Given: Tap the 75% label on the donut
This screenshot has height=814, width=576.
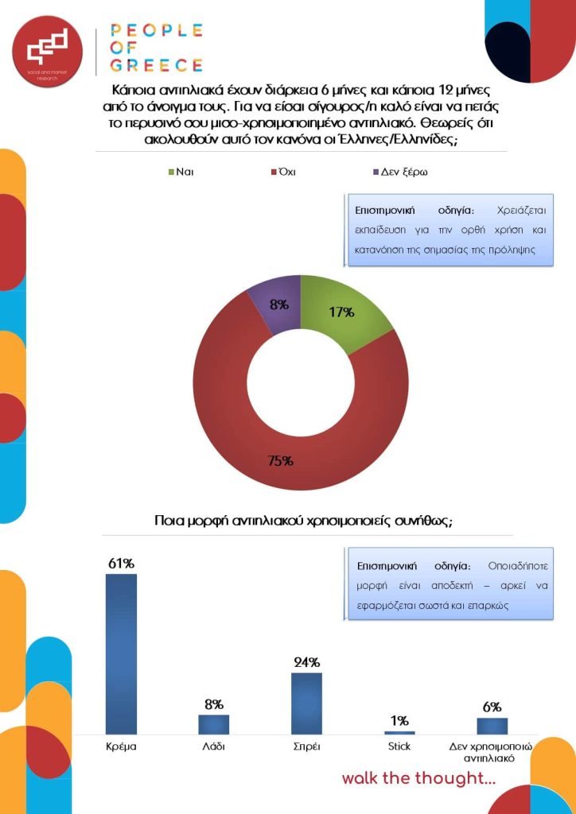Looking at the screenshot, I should click(281, 460).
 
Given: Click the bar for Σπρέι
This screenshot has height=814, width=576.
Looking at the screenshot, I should click(306, 703).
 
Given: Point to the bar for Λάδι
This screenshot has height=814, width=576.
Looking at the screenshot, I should click(213, 724).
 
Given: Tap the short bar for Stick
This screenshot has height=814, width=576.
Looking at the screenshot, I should click(399, 732).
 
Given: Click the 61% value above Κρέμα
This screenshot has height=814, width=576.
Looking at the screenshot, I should click(121, 563).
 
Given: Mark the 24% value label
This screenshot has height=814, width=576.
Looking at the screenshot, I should click(306, 662).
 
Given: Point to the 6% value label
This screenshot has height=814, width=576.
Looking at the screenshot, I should click(492, 707).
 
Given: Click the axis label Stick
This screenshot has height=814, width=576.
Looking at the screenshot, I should click(399, 747).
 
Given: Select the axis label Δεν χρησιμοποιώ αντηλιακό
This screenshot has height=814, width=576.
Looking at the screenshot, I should click(491, 752).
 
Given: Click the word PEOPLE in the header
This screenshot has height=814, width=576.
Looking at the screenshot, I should click(156, 31).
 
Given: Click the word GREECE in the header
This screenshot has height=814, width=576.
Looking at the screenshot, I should click(156, 65).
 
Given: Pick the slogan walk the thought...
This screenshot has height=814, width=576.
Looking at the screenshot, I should click(418, 778).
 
